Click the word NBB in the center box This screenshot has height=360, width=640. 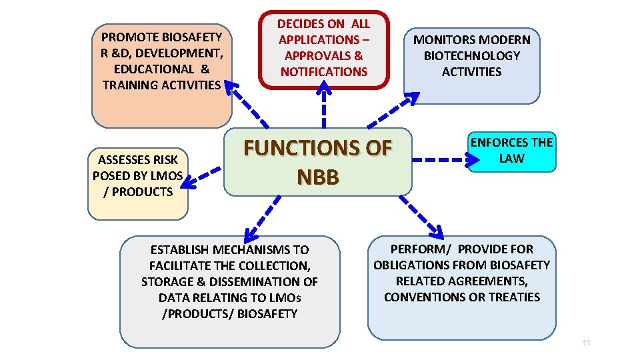[x=317, y=177]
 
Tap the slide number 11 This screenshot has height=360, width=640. [x=586, y=343]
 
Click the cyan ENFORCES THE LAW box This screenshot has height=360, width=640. [x=511, y=151]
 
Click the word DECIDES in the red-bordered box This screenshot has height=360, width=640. [x=300, y=24]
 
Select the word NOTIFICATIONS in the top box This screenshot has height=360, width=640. [x=324, y=72]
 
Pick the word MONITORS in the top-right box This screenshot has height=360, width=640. [x=444, y=40]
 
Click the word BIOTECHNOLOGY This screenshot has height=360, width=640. [x=471, y=56]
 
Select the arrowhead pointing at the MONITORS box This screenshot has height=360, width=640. [x=411, y=98]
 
